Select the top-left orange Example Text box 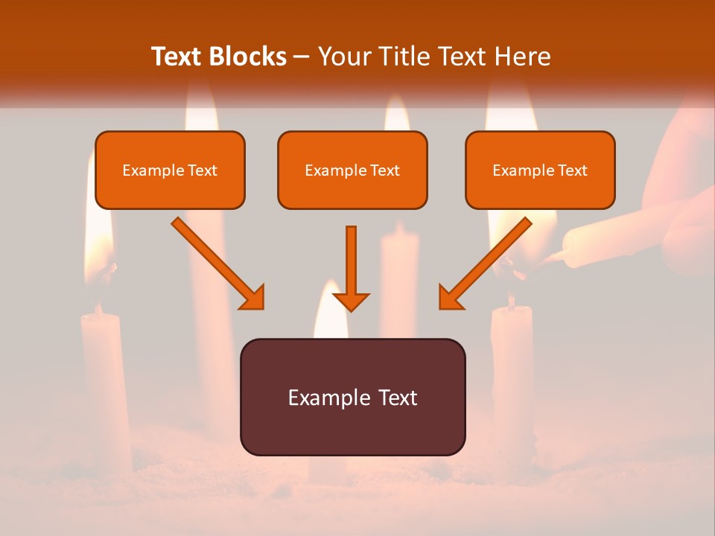click(170, 170)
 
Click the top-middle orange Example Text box click(352, 170)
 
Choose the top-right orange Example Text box click(540, 170)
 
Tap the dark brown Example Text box click(352, 397)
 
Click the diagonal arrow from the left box click(217, 263)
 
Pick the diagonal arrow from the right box click(486, 263)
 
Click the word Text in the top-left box click(203, 170)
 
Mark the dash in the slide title click(302, 57)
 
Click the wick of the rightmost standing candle click(511, 300)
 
